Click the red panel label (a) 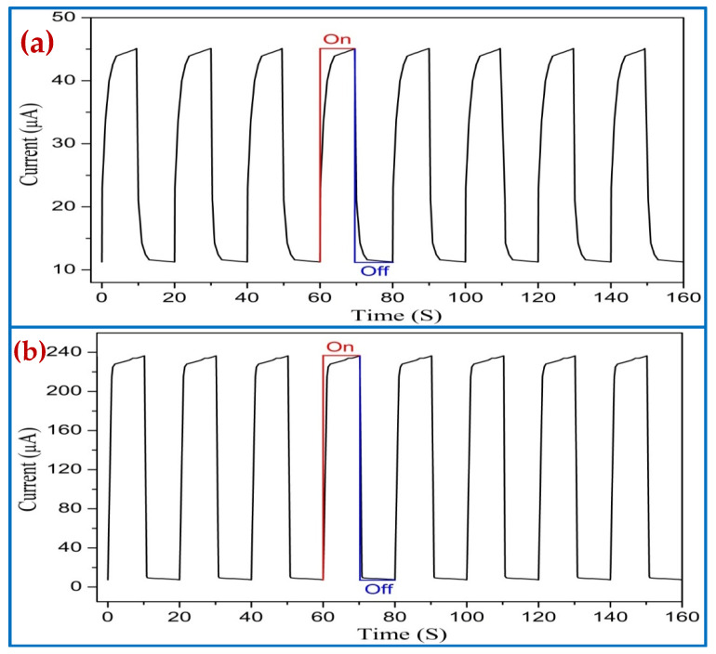[42, 42]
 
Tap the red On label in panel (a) [336, 39]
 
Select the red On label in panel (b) [338, 347]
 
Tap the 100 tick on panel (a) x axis [465, 296]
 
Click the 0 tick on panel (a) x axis [101, 296]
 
